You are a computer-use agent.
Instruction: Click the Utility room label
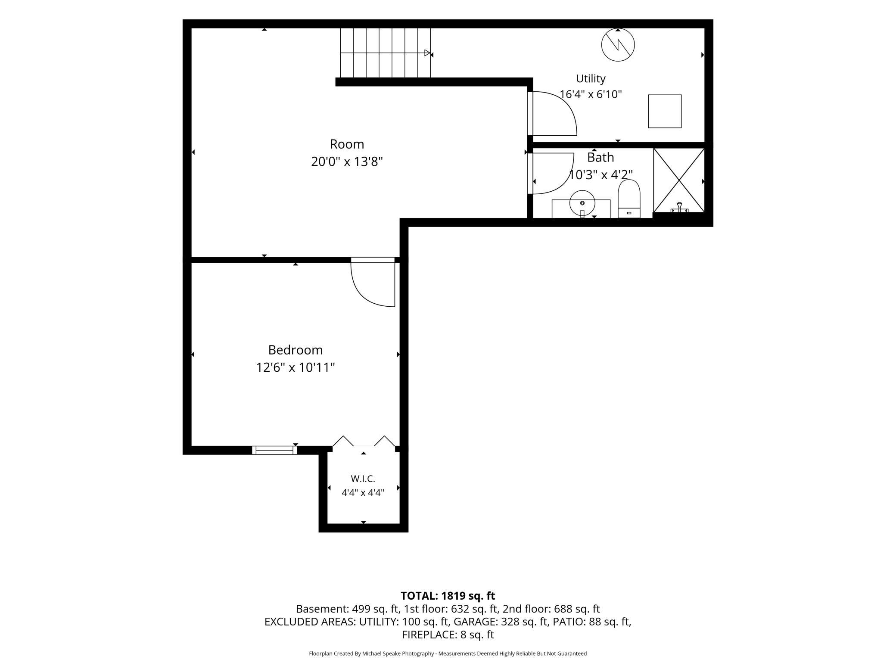pos(591,79)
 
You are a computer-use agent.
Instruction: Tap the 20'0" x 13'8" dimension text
pos(347,162)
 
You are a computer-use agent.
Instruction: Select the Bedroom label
pos(296,350)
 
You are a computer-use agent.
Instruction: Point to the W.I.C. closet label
pos(363,479)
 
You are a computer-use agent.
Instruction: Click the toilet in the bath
pos(629,199)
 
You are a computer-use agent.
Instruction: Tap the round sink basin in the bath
pos(582,203)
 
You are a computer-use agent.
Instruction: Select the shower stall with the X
pos(679,180)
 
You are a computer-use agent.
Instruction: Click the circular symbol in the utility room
pos(618,44)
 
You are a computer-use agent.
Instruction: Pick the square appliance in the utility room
pos(665,111)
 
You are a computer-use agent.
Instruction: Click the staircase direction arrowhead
pos(427,53)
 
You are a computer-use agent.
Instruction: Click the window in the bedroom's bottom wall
pos(274,450)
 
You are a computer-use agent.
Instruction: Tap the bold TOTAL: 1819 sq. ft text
pos(448,596)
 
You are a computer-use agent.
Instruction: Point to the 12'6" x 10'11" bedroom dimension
pos(296,367)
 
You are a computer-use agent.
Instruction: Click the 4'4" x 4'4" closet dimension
pos(363,492)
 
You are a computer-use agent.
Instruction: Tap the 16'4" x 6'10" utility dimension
pos(591,94)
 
